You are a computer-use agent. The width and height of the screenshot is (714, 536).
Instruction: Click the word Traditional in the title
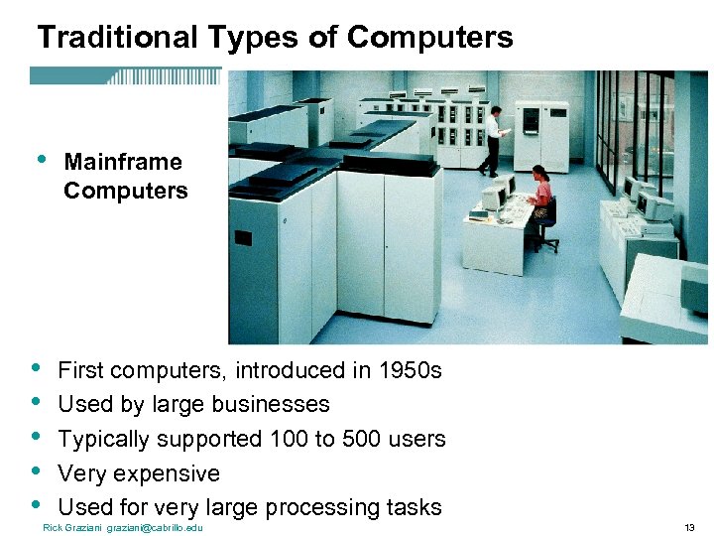point(118,38)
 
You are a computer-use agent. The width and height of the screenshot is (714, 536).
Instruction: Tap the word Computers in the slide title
point(430,38)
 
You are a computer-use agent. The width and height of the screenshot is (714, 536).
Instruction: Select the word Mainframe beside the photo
point(123,162)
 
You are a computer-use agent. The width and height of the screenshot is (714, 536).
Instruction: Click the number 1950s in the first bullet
point(410,371)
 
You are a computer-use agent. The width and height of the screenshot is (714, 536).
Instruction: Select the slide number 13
point(690,527)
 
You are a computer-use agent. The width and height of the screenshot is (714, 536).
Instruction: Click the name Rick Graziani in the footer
point(72,527)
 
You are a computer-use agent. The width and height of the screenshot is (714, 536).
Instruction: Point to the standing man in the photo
point(493,139)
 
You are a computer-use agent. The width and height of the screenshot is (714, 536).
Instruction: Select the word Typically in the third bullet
point(102,439)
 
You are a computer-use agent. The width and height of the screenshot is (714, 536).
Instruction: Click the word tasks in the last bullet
point(415,507)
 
